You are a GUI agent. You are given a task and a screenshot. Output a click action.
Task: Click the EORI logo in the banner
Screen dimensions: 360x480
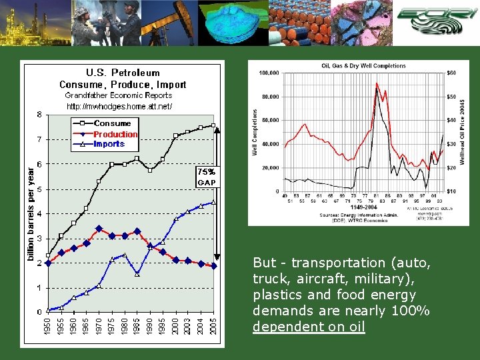436,21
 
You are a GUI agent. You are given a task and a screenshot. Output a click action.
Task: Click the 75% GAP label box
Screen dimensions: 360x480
206,176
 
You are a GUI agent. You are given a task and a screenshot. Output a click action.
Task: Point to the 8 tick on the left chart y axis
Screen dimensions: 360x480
39,115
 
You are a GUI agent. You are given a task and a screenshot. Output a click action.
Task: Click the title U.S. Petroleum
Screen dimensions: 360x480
123,73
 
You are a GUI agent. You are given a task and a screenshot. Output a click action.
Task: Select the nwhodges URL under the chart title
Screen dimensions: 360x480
119,106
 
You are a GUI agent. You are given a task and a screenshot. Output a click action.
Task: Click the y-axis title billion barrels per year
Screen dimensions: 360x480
30,213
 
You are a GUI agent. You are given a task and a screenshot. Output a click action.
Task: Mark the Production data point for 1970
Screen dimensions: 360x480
99,229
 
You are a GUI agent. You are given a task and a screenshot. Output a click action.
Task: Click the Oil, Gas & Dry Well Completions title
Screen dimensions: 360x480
363,66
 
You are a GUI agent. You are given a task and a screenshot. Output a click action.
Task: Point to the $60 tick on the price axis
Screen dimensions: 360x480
451,73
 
